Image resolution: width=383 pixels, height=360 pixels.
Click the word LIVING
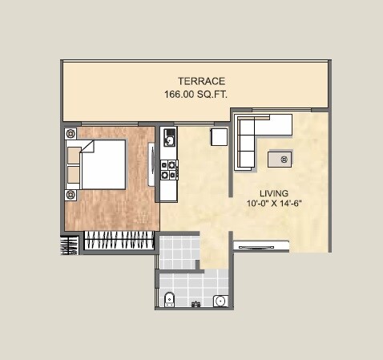point(274,193)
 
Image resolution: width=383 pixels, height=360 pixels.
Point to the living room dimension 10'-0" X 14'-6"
point(274,204)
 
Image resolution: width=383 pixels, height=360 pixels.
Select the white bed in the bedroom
point(101,164)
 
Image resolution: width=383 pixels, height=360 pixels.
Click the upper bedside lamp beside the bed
point(71,133)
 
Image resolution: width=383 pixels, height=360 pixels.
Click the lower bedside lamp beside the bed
point(71,194)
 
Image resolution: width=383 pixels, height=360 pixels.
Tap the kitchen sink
point(168,140)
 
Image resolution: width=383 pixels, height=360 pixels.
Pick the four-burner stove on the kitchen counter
point(168,169)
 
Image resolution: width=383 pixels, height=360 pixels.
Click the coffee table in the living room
point(283,159)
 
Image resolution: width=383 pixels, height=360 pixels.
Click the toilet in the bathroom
point(167,301)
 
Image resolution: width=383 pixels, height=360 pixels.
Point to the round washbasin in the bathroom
point(220,301)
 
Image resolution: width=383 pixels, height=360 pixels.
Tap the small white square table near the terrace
point(220,137)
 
